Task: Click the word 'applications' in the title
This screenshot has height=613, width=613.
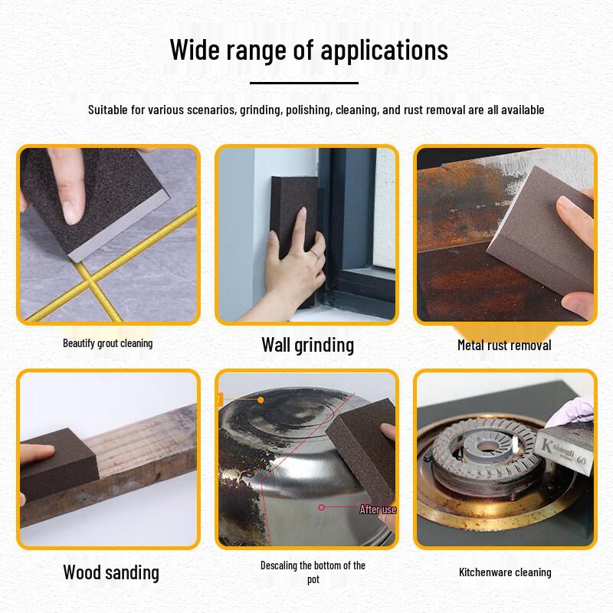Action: tap(384, 51)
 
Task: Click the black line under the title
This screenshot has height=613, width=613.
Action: tap(304, 82)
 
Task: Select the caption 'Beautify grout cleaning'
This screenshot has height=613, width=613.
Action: tap(107, 343)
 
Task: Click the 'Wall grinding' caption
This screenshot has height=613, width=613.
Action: tap(307, 344)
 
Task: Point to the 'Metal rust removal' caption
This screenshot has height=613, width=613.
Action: tap(504, 345)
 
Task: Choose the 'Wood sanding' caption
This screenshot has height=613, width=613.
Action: tap(111, 572)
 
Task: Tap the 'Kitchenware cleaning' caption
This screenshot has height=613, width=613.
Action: tap(505, 572)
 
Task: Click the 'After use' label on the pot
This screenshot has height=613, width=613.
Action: tap(378, 509)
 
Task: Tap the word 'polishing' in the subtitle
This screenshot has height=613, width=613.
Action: tap(307, 110)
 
